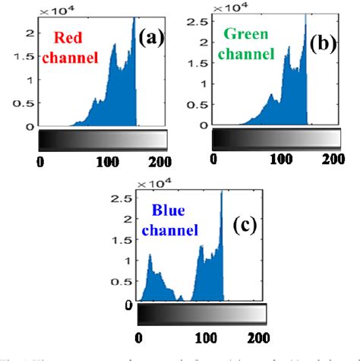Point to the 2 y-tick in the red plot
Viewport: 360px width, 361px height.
pos(30,31)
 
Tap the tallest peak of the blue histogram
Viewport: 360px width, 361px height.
pos(222,192)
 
